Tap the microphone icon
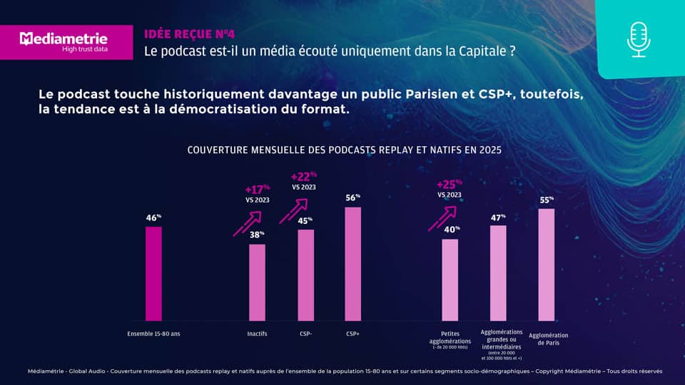coord(639,38)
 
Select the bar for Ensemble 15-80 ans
coord(153,274)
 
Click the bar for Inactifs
coord(257,282)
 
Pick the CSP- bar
coord(305,275)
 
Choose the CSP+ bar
coord(352,264)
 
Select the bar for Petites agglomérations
coord(450,279)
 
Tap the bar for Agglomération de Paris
coord(546,265)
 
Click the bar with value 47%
coord(498,273)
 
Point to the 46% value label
coord(153,217)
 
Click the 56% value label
coord(352,197)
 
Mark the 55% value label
coord(546,200)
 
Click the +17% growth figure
coord(257,190)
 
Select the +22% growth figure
coord(304,176)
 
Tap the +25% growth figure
coord(449,183)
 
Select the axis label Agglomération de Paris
coord(548,339)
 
